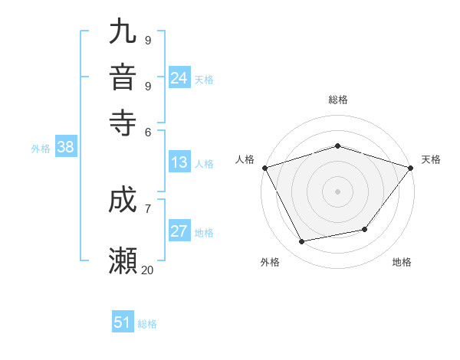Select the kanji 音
pyautogui.click(x=123, y=77)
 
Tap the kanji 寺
pyautogui.click(x=123, y=120)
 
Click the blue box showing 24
pyautogui.click(x=179, y=78)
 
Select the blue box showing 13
pyautogui.click(x=179, y=162)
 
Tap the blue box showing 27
pyautogui.click(x=179, y=231)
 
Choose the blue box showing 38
pyautogui.click(x=65, y=148)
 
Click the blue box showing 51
pyautogui.click(x=123, y=322)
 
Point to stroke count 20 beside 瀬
pyautogui.click(x=148, y=270)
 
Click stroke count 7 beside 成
pyautogui.click(x=147, y=208)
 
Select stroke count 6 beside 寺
pyautogui.click(x=147, y=131)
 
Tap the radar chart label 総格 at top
pyautogui.click(x=337, y=100)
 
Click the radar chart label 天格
pyautogui.click(x=431, y=159)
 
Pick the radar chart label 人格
pyautogui.click(x=245, y=159)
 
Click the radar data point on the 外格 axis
pyautogui.click(x=302, y=242)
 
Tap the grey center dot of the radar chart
pyautogui.click(x=337, y=191)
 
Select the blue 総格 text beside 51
pyautogui.click(x=147, y=324)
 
